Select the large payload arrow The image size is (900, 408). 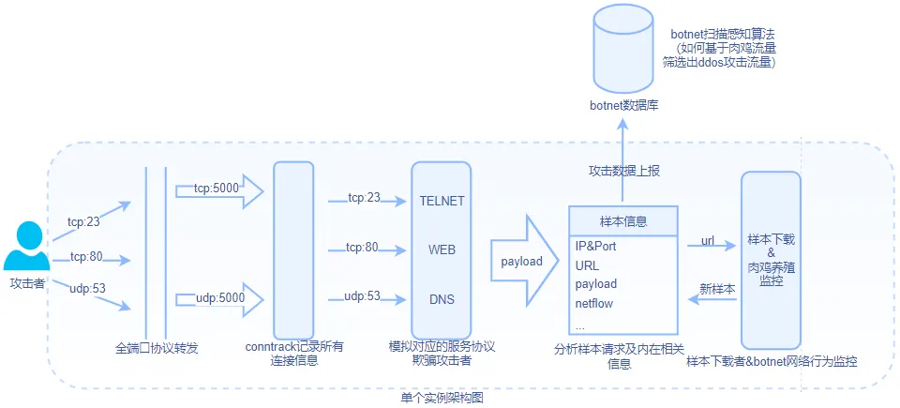coord(523,261)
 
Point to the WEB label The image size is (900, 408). coord(442,250)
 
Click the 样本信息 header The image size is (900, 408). coord(622,221)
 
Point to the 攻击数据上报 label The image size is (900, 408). coord(624,171)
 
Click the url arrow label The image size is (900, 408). coord(708,241)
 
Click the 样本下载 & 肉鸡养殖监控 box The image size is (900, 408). coord(772,260)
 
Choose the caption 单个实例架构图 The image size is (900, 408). coord(442,399)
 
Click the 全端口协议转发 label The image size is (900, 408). coord(157,348)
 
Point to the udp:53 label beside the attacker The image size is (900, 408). coord(85,289)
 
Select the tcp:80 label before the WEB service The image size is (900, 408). coord(362,248)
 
